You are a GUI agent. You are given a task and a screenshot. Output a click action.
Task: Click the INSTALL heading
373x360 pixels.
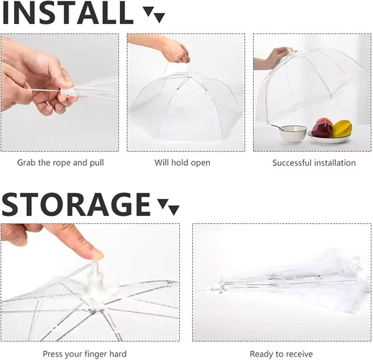coord(68,13)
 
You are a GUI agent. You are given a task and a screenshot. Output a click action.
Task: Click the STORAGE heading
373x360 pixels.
coord(76,204)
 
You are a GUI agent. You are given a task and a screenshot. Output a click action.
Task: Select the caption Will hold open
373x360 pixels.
coord(182,163)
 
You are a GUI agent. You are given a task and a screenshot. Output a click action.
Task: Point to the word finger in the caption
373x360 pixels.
coord(94,354)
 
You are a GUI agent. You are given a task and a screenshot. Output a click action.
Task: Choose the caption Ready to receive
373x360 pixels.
coord(281,354)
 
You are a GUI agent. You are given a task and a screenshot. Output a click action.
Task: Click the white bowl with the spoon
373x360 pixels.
coord(293,133)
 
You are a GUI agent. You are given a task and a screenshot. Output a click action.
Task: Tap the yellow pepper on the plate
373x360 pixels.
coord(342,128)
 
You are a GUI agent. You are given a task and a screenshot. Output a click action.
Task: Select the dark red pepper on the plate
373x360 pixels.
coord(322,130)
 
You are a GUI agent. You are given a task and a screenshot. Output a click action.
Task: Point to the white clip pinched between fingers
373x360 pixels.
coord(69,92)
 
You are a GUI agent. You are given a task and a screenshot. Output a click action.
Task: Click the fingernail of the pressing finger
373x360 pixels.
coord(97,255)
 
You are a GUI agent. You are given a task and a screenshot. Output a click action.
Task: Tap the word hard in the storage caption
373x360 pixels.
coord(118,354)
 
